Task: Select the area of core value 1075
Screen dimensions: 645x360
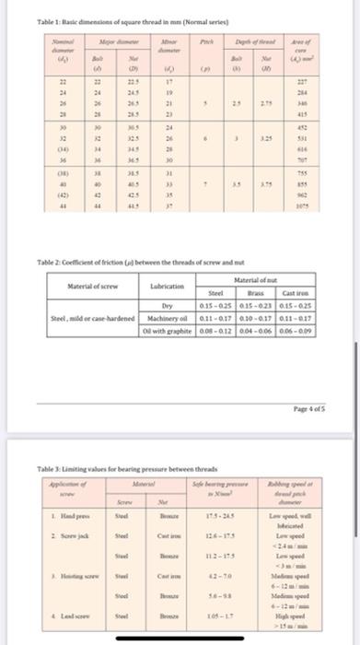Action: (325, 205)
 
